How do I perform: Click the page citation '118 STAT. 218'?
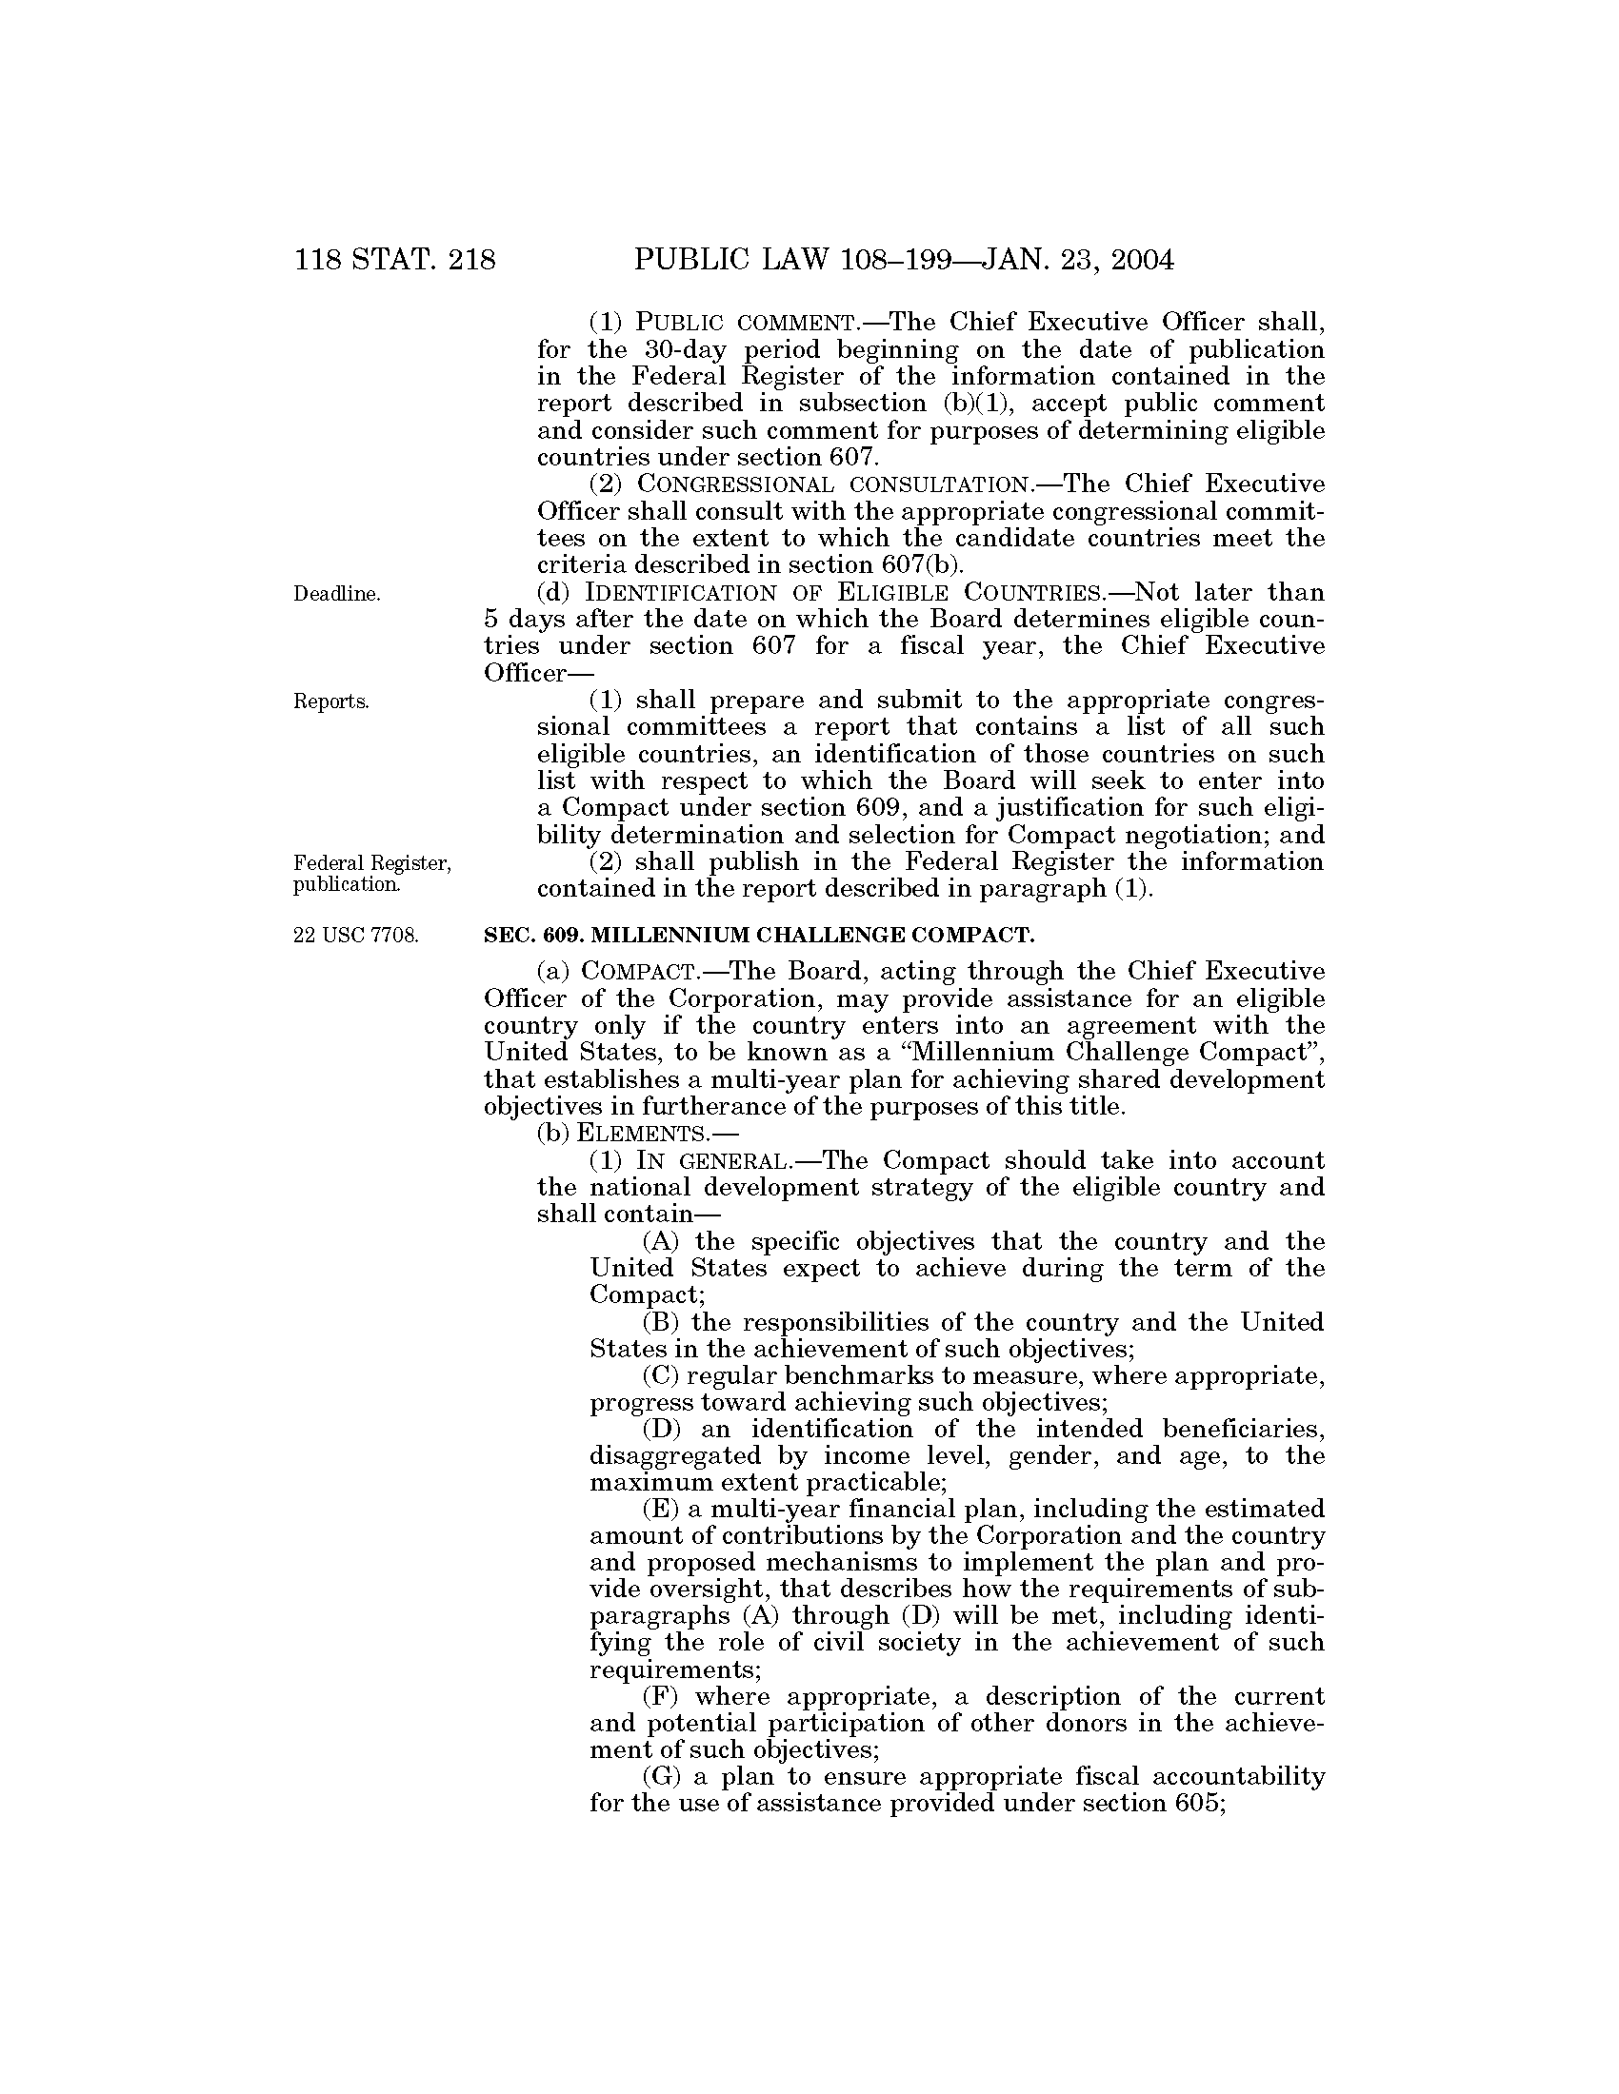click(x=395, y=260)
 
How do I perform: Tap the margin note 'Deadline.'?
click(x=335, y=595)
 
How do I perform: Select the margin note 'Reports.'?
click(x=330, y=701)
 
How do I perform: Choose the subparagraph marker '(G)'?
click(x=661, y=1778)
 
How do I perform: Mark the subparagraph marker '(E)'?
click(x=661, y=1511)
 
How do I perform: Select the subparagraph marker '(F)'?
click(x=661, y=1697)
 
